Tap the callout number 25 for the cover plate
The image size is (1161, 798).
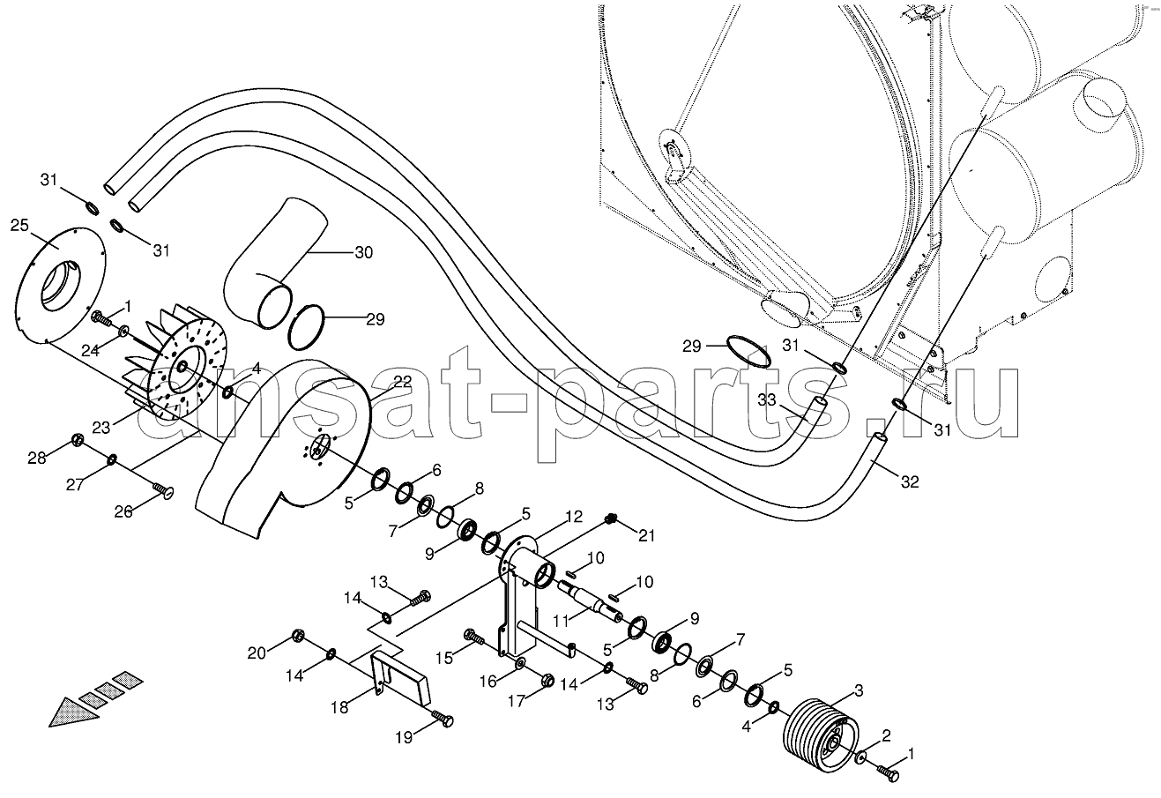click(19, 226)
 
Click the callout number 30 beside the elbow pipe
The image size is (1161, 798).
click(363, 252)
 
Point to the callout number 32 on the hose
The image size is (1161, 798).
click(910, 482)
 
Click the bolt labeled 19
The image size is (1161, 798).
click(443, 719)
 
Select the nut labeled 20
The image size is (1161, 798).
click(299, 635)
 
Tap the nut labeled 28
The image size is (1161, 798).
click(78, 441)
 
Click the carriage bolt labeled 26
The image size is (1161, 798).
click(163, 490)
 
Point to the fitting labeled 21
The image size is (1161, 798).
click(612, 518)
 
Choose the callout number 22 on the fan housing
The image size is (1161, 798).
click(402, 382)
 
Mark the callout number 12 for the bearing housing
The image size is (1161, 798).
click(574, 516)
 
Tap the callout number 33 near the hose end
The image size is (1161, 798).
click(767, 399)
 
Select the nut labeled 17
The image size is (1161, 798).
click(547, 679)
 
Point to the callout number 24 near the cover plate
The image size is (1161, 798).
click(90, 351)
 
